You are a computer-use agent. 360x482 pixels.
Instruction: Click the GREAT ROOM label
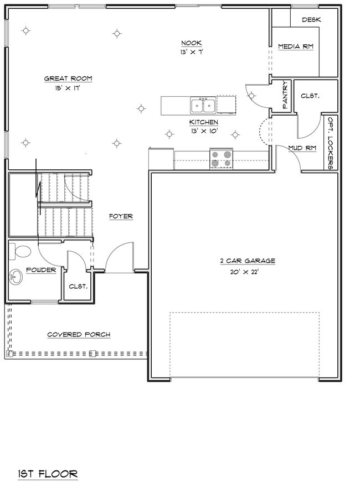tap(68, 79)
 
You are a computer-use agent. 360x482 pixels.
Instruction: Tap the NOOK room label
tap(191, 43)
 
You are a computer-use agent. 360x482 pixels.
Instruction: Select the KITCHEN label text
tap(203, 122)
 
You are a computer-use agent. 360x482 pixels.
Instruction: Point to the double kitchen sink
tap(203, 105)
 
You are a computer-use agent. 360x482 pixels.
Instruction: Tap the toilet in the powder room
tap(21, 252)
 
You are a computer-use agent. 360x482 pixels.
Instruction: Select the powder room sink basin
tap(17, 276)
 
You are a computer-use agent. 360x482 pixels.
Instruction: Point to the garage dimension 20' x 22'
tap(244, 272)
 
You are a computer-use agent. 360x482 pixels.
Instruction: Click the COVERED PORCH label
tap(78, 335)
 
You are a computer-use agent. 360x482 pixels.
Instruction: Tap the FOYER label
tap(121, 216)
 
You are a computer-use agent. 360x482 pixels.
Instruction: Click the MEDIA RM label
tap(296, 46)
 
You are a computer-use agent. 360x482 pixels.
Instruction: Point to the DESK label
tap(312, 19)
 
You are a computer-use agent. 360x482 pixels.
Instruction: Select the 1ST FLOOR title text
tap(47, 458)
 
